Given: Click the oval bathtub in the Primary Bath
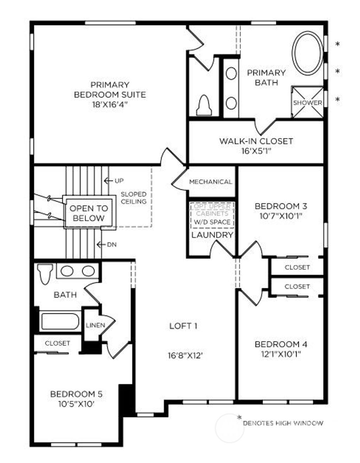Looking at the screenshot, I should (308, 53).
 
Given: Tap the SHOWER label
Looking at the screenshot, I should (308, 103).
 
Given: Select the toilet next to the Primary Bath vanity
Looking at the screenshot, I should (204, 105).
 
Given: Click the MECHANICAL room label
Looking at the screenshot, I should (211, 182).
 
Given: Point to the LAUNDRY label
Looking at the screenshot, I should (212, 235).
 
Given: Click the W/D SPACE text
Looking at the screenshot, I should (212, 222).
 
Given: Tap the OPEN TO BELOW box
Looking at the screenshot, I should (89, 213).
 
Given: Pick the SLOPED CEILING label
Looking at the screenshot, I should (134, 198).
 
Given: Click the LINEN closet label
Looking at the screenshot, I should (95, 325).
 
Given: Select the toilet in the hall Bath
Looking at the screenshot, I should (45, 274).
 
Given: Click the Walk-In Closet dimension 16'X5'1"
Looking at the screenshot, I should (256, 151).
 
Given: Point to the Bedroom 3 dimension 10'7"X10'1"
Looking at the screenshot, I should (281, 216).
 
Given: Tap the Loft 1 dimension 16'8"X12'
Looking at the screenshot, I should (186, 356).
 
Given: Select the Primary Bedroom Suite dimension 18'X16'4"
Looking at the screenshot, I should (110, 104).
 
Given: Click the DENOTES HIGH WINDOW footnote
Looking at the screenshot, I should (283, 423).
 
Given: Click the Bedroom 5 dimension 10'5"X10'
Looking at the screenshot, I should (76, 404).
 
